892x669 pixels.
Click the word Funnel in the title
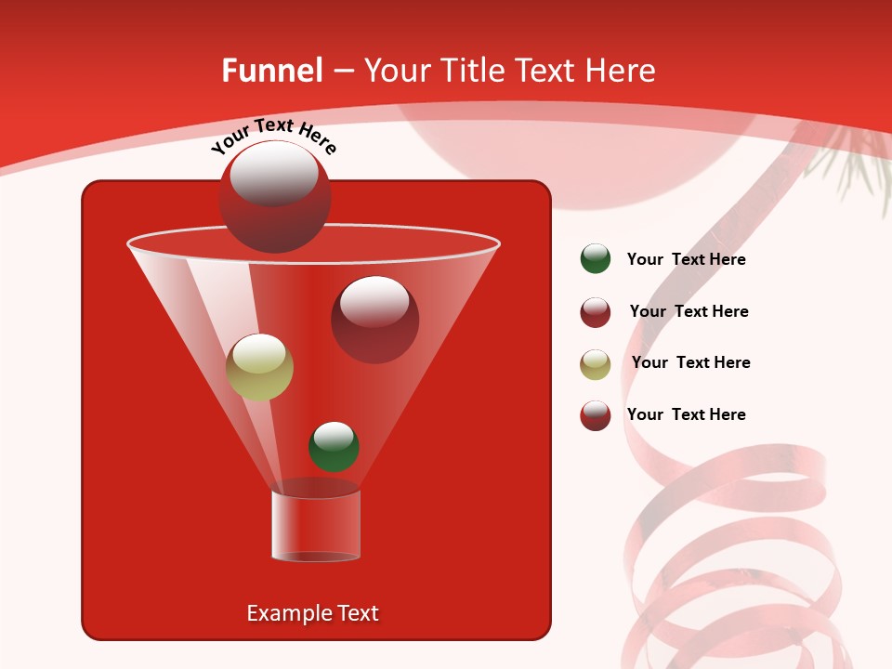point(271,71)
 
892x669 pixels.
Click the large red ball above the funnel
point(275,196)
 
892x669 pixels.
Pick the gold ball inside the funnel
point(259,367)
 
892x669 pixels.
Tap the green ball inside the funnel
point(334,446)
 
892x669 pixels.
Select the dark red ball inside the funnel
point(374,319)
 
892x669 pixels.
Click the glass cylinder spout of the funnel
point(316,526)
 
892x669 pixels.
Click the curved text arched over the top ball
point(273,136)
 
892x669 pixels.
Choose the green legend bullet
point(596,259)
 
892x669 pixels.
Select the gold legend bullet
point(596,364)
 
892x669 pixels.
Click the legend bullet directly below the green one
point(596,312)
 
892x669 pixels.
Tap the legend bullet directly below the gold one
point(596,415)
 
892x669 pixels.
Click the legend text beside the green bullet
point(686,259)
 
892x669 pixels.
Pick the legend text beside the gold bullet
point(690,362)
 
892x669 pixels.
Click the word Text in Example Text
point(356,613)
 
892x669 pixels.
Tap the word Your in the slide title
point(396,71)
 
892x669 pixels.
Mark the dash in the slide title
point(342,71)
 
